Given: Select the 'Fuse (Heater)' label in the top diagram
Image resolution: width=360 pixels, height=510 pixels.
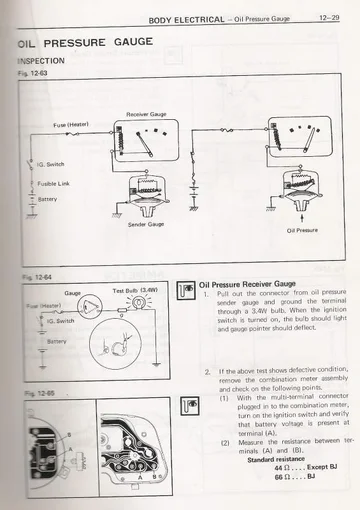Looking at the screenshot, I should (x=71, y=125).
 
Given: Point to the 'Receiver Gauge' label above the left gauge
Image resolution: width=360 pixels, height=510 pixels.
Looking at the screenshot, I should (x=145, y=113).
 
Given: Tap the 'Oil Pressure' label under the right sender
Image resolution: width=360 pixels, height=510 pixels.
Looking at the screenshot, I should (x=302, y=230).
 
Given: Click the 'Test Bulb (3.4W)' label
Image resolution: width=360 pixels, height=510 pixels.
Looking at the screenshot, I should (x=134, y=291).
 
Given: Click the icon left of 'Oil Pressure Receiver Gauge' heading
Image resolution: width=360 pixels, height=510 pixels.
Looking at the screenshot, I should (x=182, y=290).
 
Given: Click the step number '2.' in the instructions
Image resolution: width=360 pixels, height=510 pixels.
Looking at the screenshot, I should (x=205, y=371).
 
